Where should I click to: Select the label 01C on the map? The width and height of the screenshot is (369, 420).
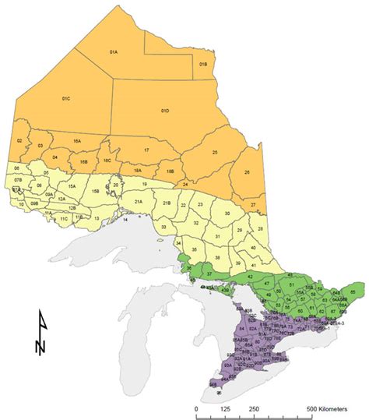point(65,100)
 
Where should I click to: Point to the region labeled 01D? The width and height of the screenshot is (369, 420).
point(164,111)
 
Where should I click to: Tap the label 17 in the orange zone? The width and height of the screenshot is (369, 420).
point(146,149)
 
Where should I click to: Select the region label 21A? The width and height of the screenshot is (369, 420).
point(138,202)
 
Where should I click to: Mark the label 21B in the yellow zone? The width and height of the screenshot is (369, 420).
point(166,203)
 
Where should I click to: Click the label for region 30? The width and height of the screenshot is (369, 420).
point(227,213)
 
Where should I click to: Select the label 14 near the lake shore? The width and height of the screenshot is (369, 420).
point(125,221)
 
